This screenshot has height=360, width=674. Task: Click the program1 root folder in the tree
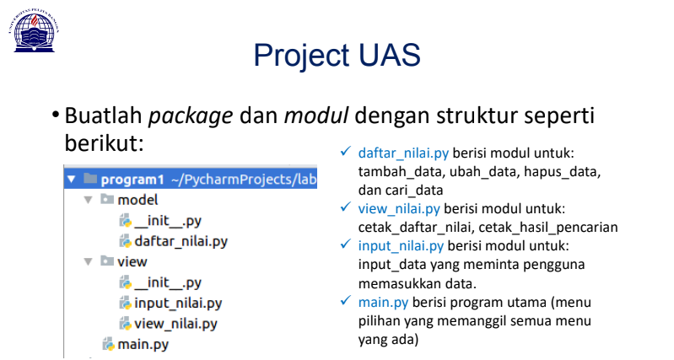click(x=131, y=180)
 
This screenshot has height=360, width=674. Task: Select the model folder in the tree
click(x=137, y=201)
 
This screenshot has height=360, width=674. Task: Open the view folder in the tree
click(x=132, y=261)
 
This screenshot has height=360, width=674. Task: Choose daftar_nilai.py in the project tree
click(x=181, y=241)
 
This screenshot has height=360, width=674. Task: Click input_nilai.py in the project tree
click(x=177, y=303)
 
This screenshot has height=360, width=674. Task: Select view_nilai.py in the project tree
click(x=175, y=323)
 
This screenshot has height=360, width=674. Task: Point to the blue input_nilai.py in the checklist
click(x=401, y=245)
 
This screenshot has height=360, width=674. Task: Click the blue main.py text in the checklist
click(x=382, y=302)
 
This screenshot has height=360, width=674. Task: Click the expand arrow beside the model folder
click(x=88, y=201)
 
